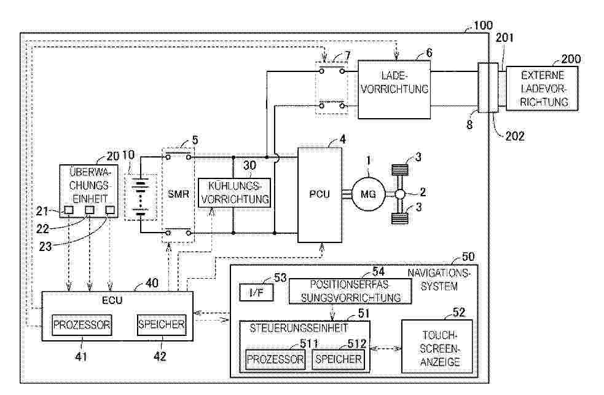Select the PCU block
(320, 194)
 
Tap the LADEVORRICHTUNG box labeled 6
(394, 89)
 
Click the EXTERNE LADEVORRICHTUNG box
(542, 89)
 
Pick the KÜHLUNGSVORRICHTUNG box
(234, 193)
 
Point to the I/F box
(257, 292)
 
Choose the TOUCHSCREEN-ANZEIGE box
(437, 347)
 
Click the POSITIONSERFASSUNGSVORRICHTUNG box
(350, 292)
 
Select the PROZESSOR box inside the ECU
(82, 325)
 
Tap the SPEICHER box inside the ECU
(162, 325)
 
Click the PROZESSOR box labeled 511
(275, 359)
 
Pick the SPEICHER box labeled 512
(338, 359)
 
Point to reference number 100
(483, 25)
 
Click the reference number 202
(515, 136)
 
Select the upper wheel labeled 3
(400, 170)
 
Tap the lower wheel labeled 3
(400, 218)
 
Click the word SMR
(178, 194)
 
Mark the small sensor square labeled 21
(69, 210)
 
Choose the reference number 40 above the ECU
(152, 283)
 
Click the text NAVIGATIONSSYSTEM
(439, 280)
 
